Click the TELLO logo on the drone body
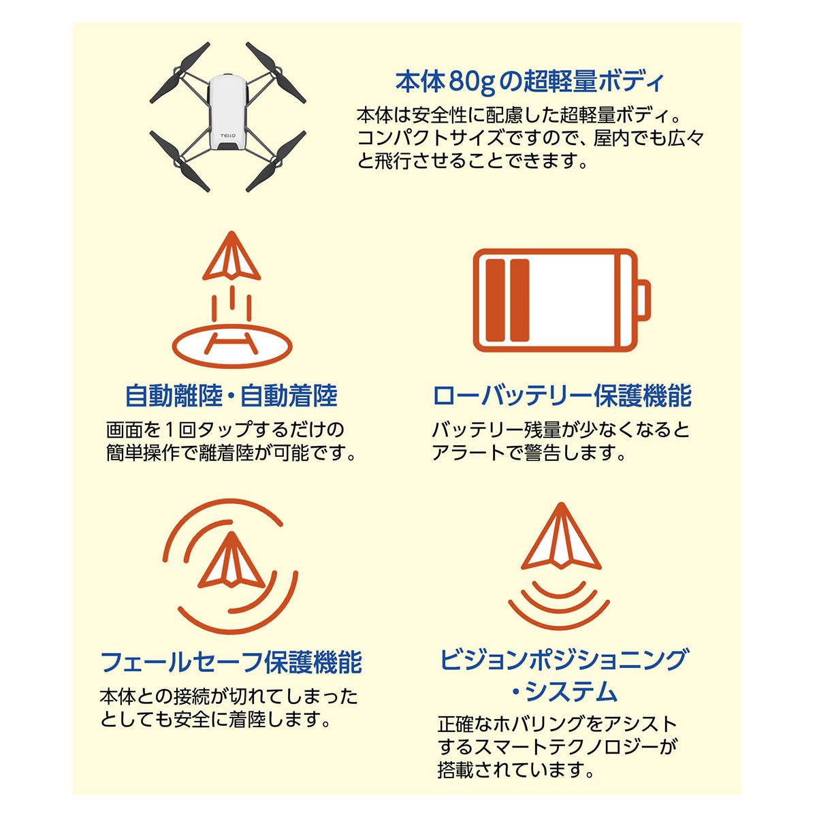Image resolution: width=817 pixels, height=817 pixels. pyautogui.click(x=227, y=135)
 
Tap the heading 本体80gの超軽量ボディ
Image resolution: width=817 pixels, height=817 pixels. pyautogui.click(x=528, y=81)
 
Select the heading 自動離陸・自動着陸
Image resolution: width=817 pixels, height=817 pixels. pyautogui.click(x=231, y=395)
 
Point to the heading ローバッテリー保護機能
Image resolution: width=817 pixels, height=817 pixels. pyautogui.click(x=562, y=395)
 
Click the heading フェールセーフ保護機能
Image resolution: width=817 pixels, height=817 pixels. pyautogui.click(x=231, y=662)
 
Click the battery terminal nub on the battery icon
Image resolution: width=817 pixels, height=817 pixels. pyautogui.click(x=644, y=300)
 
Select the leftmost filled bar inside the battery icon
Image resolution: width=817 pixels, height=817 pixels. pyautogui.click(x=495, y=300)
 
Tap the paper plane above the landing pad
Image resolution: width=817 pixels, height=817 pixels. pyautogui.click(x=231, y=256)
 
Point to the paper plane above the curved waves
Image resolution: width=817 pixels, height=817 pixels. pyautogui.click(x=561, y=536)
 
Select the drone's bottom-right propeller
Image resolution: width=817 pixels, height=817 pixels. pyautogui.click(x=276, y=161)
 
